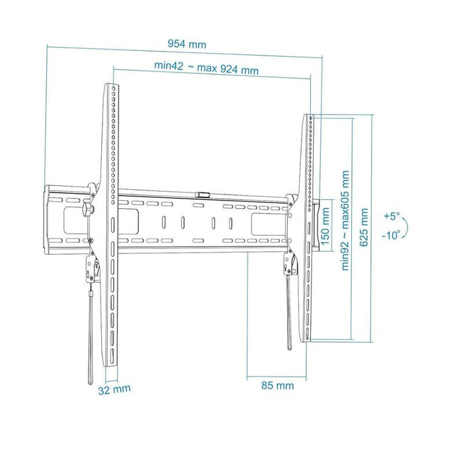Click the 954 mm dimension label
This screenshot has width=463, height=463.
pos(187,44)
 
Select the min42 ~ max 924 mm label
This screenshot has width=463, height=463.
pos(206,67)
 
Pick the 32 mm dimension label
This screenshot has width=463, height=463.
pos(114,389)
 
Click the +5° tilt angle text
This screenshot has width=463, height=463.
pos(392,216)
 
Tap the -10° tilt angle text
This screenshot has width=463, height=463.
pos(391,235)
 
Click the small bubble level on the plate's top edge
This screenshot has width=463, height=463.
pos(202,194)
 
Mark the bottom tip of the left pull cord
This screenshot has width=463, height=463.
pos(90,382)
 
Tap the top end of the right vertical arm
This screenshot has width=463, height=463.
pos(309,116)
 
